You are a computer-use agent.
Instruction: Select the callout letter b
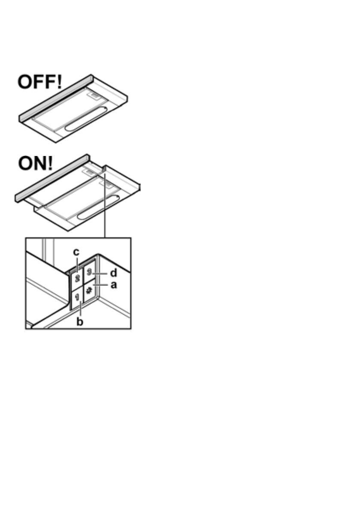(x=80, y=322)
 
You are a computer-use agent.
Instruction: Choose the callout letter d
(x=114, y=273)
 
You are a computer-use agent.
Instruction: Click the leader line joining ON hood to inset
(x=105, y=206)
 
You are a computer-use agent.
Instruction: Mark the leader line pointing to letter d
(x=101, y=273)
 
